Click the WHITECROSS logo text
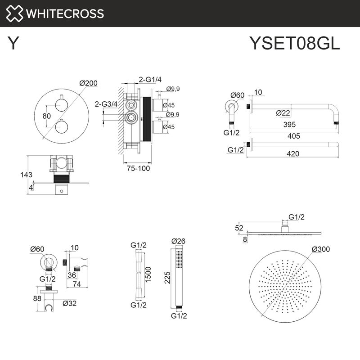pos(65,13)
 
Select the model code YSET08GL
pos(294,44)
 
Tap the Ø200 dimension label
pos(88,83)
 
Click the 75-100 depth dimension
pos(137,168)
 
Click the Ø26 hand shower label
pos(179,241)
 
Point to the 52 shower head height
pos(239,228)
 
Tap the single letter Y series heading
pos(13,44)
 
